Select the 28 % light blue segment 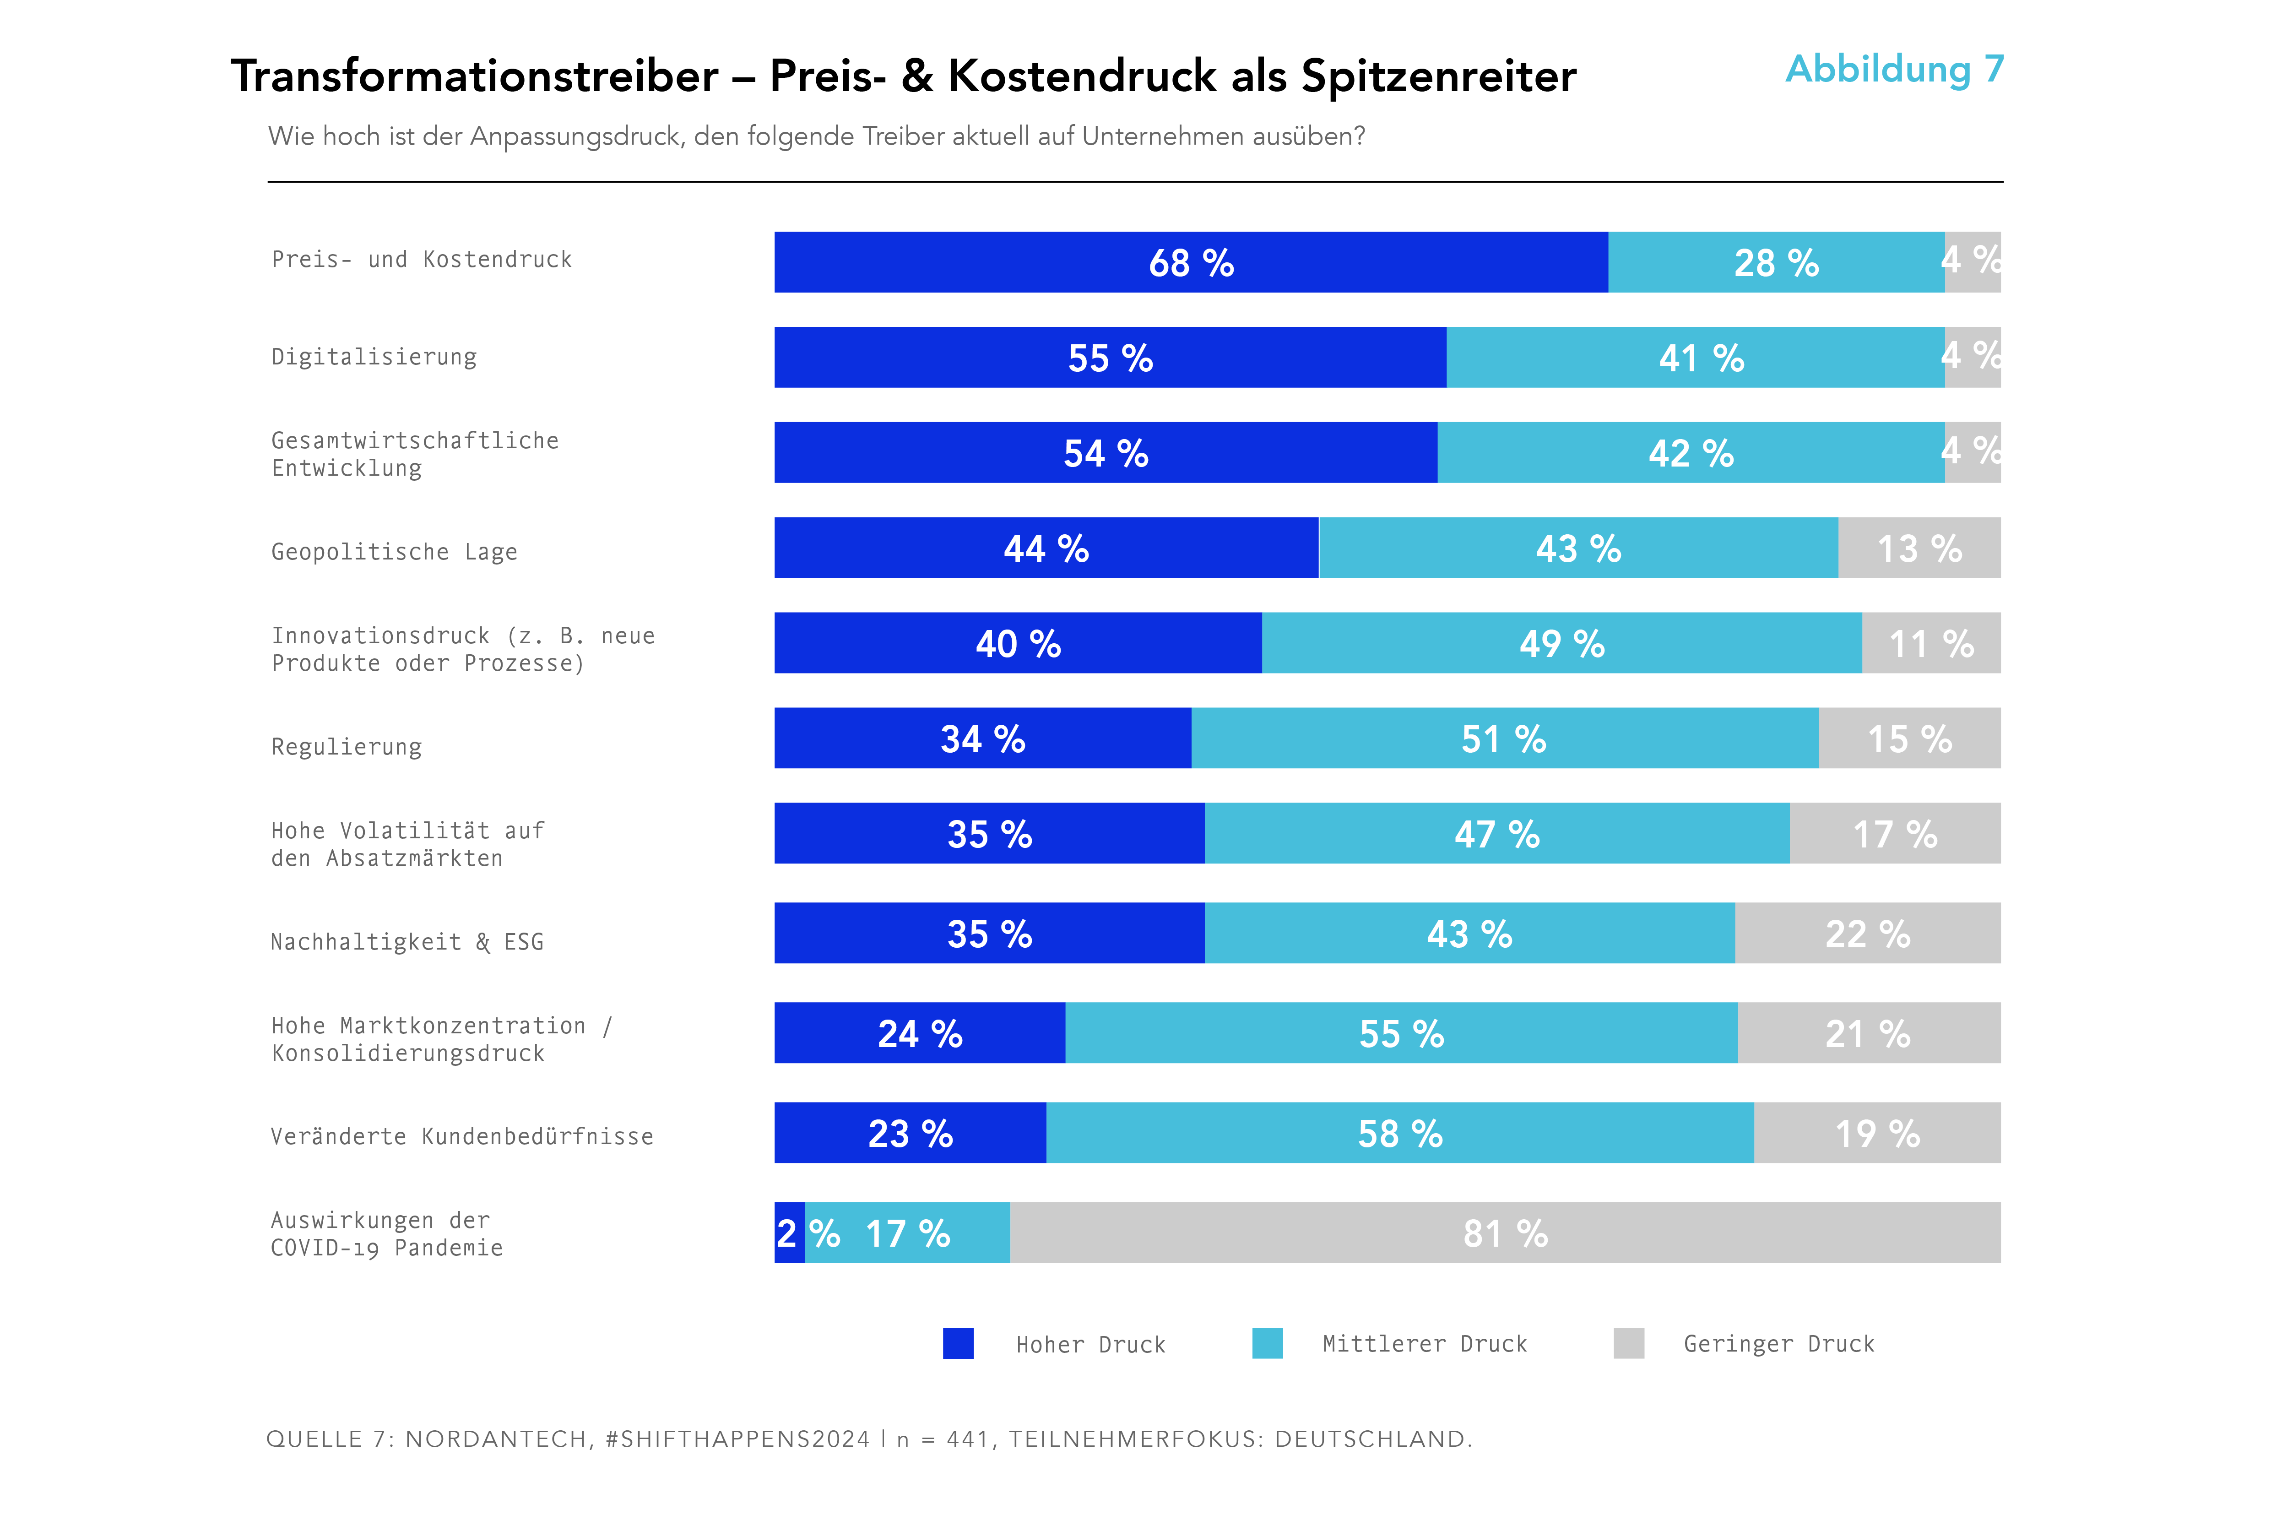(x=1775, y=262)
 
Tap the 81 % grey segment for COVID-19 (x=1505, y=1233)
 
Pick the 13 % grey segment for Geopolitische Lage (x=1919, y=548)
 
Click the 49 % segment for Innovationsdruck (x=1561, y=642)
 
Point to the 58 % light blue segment (x=1400, y=1132)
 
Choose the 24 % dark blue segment (x=920, y=1033)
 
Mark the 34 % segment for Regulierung (x=982, y=738)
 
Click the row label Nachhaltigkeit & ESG (x=407, y=942)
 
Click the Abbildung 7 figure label (x=1894, y=70)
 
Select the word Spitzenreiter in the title (x=1438, y=76)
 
